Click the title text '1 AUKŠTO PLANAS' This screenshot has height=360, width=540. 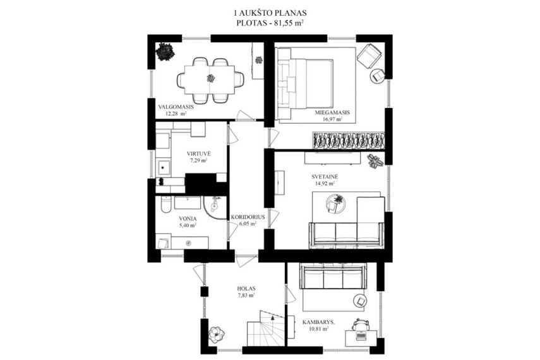(x=270, y=13)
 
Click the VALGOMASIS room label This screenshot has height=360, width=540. (x=176, y=107)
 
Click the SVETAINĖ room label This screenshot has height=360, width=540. (x=325, y=177)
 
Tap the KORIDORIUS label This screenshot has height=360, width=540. (x=248, y=217)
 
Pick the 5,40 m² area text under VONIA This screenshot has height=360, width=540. (x=188, y=225)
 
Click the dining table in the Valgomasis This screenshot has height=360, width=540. (x=210, y=80)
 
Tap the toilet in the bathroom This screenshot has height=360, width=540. (x=165, y=205)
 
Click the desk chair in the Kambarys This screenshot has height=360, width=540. (x=361, y=325)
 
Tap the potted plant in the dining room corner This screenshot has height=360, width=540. (x=165, y=52)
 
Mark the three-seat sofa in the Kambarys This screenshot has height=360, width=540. (x=333, y=276)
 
